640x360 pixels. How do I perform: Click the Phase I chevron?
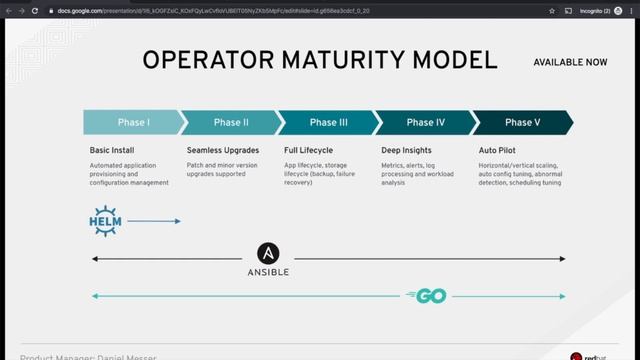[x=133, y=123]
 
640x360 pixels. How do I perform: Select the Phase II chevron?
[x=231, y=123]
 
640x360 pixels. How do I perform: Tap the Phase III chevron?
[x=328, y=123]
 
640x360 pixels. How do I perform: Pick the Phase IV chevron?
[x=426, y=123]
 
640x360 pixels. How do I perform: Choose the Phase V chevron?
[x=522, y=123]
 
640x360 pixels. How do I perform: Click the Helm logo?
[x=105, y=220]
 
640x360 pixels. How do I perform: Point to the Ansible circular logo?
[x=267, y=254]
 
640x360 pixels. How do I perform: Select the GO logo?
[x=426, y=296]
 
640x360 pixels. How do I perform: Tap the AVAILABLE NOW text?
[x=570, y=62]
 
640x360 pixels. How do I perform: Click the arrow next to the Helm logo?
[x=154, y=221]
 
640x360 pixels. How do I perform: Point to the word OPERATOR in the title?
[x=201, y=59]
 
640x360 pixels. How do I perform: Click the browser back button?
[x=11, y=11]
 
